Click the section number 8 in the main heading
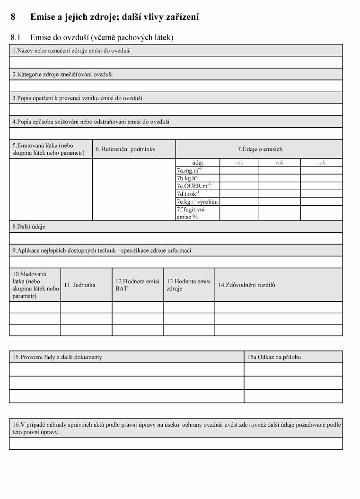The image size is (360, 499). coord(13,18)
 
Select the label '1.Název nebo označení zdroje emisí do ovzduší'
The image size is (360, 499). coord(71,51)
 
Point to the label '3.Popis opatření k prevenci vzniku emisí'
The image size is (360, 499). coord(77,98)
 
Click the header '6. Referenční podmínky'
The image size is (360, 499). coord(125,149)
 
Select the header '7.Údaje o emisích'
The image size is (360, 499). coord(260,149)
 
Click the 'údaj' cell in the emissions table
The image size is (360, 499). coord(198,163)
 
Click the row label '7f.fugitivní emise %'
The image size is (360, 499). coord(191,213)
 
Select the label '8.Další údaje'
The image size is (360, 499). coord(29,227)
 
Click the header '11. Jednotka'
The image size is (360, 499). coord(79,285)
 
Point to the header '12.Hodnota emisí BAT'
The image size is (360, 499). coord(137,285)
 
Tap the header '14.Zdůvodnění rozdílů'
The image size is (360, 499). coord(246,285)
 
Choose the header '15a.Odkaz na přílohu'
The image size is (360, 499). coord(274,357)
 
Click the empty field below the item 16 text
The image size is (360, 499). coord(176,444)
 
